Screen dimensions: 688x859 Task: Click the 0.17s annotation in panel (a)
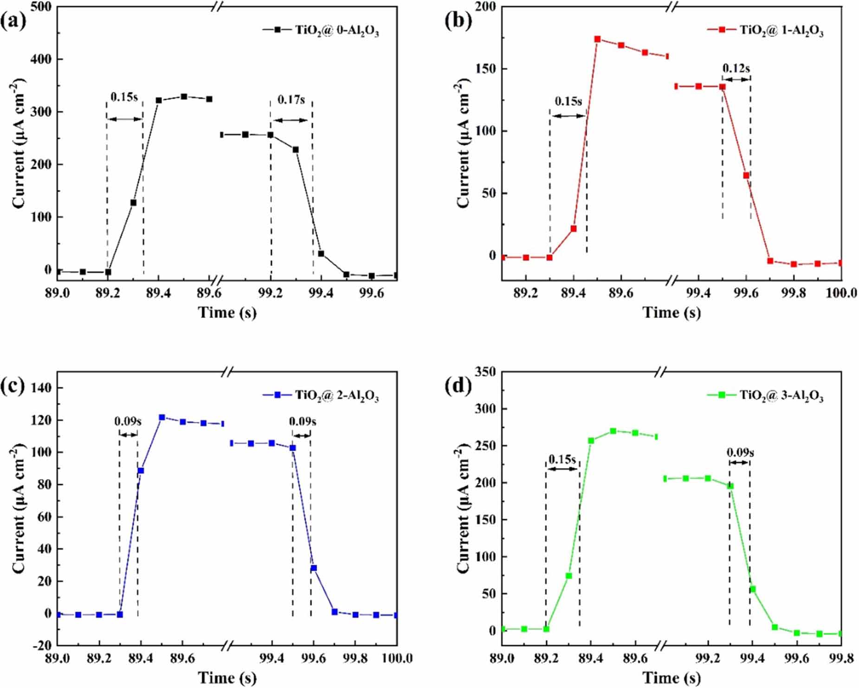[291, 99]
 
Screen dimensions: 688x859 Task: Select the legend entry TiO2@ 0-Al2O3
[337, 31]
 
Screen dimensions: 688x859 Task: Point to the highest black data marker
[184, 97]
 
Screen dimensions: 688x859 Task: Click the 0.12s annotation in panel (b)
[736, 68]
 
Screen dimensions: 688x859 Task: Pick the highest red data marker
[597, 39]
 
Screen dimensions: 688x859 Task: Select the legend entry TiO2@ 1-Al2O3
[781, 31]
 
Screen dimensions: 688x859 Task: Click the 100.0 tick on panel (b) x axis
[841, 293]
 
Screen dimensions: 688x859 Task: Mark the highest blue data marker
[162, 417]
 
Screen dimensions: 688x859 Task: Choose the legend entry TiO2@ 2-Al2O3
[337, 396]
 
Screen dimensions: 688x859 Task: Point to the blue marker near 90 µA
[141, 471]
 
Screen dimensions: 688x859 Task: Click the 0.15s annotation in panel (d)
[562, 460]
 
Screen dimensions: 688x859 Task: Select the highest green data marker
[613, 431]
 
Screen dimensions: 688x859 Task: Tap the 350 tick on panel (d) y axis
[486, 372]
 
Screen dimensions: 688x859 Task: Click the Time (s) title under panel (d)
[671, 678]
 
